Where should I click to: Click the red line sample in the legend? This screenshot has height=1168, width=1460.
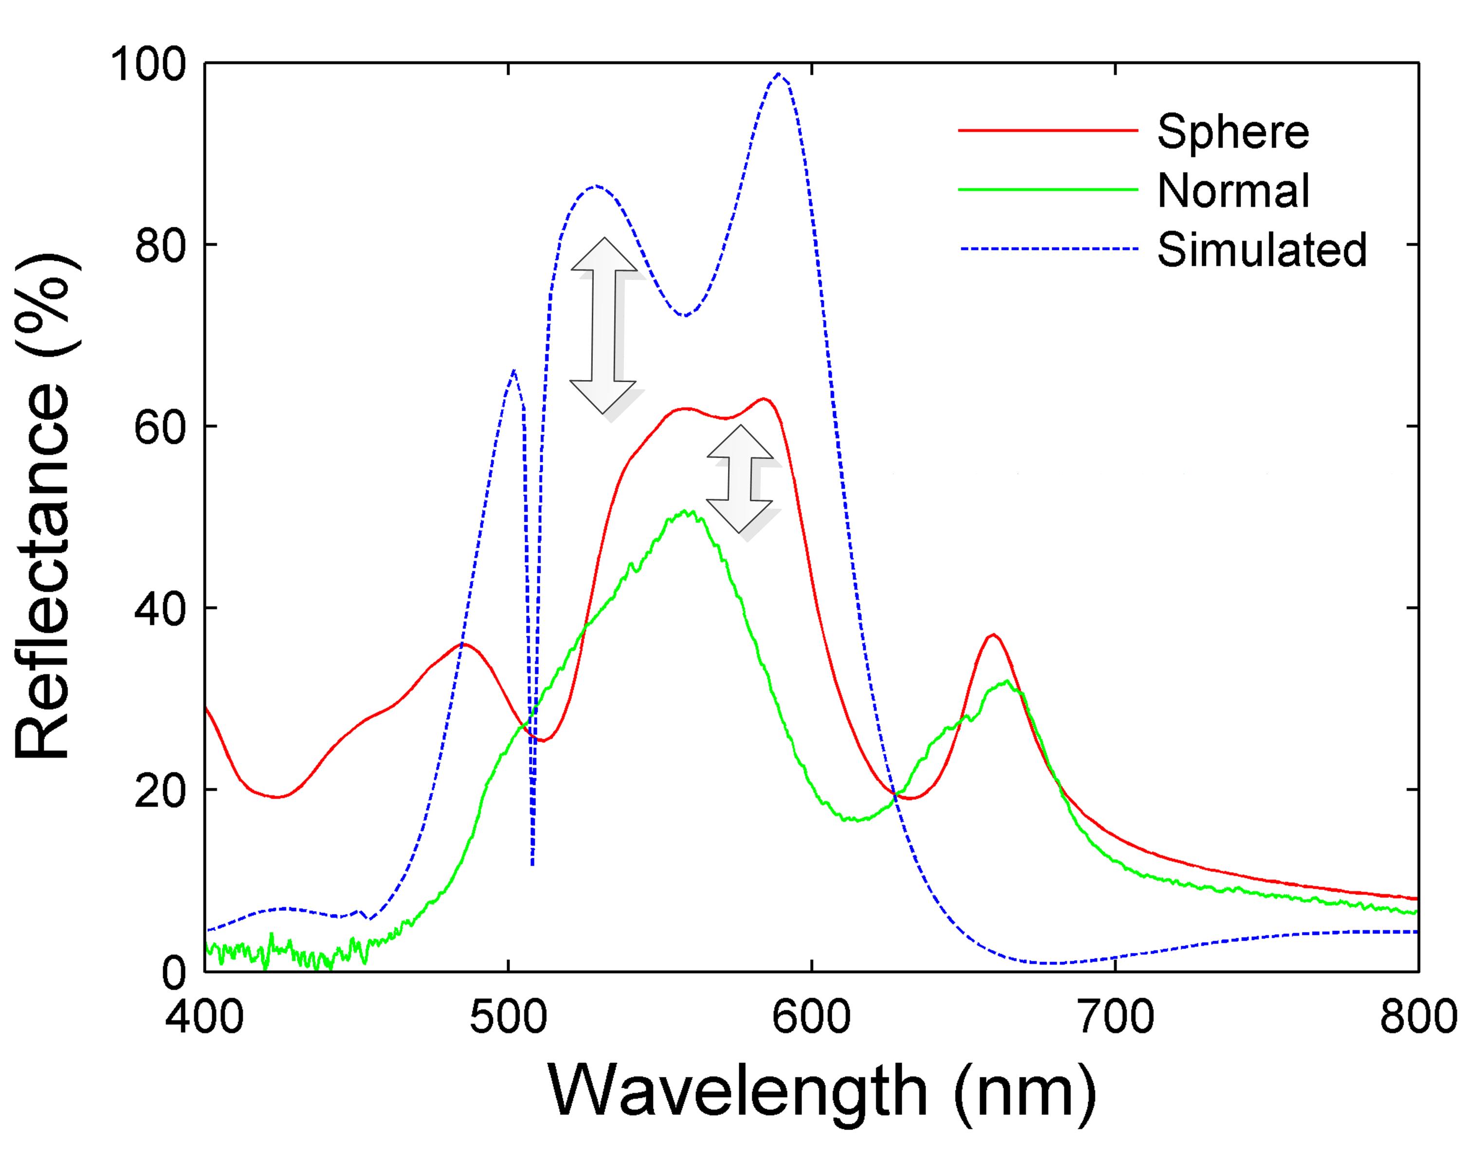point(1048,130)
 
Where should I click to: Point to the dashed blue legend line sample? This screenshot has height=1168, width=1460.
point(1048,249)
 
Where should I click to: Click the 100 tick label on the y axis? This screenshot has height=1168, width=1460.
point(149,66)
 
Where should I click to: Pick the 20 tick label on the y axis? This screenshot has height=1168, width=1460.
point(161,791)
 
